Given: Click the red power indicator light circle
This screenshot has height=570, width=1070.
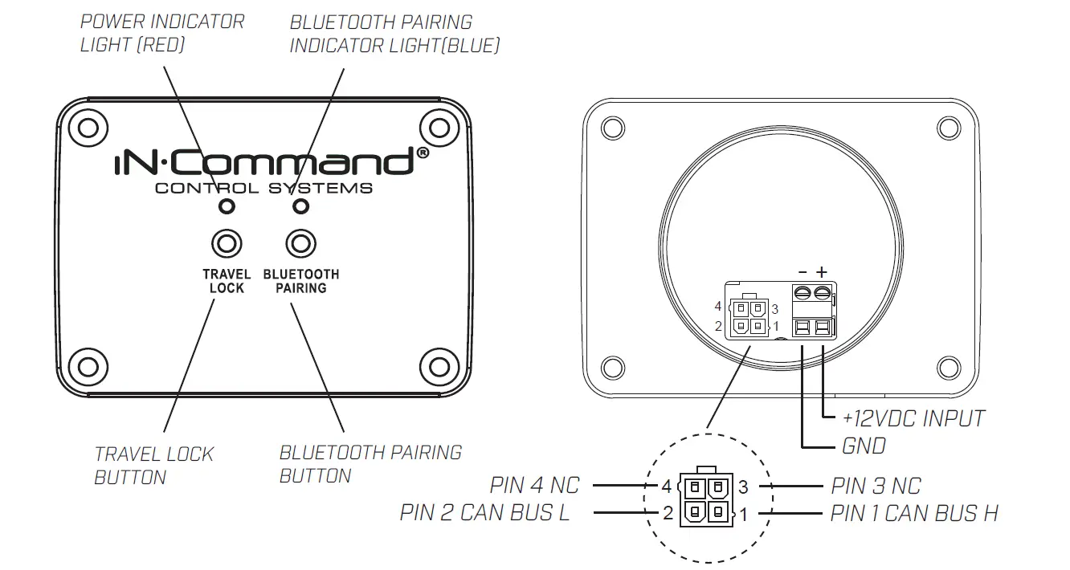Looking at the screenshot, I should click(227, 207).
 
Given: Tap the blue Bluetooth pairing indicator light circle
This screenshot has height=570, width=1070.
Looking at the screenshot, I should click(300, 207).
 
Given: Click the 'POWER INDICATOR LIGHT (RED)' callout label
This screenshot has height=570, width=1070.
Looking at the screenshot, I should click(161, 33).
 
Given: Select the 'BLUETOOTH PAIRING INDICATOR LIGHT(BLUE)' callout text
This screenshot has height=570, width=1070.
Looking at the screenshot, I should click(394, 34).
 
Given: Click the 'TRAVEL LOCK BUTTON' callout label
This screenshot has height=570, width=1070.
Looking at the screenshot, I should click(154, 466).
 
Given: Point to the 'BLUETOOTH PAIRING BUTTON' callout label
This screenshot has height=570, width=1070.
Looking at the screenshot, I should click(370, 464).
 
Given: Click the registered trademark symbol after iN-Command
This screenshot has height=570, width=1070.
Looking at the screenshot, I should click(423, 153).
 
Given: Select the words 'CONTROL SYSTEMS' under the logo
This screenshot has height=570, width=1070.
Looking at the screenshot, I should click(263, 189).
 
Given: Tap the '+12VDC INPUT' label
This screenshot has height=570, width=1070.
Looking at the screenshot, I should click(913, 418).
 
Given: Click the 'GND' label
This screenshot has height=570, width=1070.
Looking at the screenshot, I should click(864, 446).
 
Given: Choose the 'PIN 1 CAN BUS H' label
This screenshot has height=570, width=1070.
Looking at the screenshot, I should click(915, 513).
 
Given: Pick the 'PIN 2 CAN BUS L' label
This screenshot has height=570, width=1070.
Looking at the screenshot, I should click(484, 513).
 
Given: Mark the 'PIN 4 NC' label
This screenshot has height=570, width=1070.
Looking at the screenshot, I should click(534, 486).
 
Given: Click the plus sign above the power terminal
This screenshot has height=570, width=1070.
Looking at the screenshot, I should click(821, 273).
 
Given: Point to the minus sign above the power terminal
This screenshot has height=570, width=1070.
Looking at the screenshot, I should click(802, 273).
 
